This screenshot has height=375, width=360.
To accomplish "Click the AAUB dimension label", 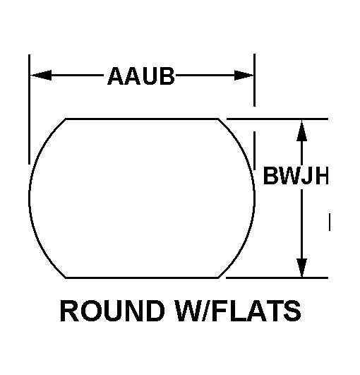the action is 141,76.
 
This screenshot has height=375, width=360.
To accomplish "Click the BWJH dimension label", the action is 296,176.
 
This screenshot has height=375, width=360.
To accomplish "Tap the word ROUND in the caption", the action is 112,311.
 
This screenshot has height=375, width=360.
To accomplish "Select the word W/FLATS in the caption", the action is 239,311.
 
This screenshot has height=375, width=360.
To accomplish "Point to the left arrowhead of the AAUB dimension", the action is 41,76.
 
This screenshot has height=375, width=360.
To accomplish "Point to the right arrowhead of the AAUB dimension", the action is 244,76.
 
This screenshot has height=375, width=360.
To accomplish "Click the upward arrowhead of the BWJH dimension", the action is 301,131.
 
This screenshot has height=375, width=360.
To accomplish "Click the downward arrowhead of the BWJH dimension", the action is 301,268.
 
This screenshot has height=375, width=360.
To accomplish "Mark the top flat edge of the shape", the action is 142,119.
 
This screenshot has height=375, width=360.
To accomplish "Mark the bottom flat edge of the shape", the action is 142,278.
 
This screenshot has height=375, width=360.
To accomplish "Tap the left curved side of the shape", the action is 30,198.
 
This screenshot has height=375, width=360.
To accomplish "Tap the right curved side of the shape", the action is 254,198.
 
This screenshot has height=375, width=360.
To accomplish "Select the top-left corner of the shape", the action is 66,119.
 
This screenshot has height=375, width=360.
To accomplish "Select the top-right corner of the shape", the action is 218,119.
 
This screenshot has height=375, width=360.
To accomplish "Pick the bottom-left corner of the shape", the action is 66,278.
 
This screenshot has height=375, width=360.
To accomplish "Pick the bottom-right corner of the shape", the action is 218,278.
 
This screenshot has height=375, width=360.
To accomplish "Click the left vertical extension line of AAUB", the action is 29,109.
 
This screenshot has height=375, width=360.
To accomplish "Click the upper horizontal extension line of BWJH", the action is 277,119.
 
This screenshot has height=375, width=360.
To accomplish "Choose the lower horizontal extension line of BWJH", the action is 277,278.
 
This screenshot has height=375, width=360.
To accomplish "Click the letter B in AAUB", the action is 167,76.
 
